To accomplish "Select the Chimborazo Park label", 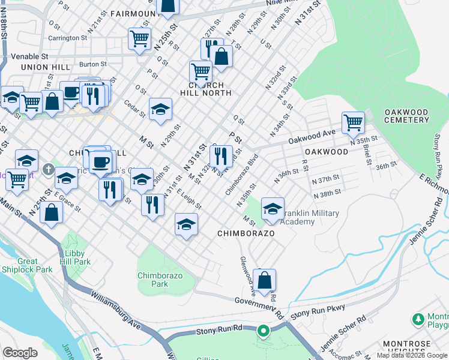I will tap(160, 280).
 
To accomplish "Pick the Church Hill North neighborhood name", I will tap(206, 89).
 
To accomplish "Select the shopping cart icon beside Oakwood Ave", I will tap(354, 122).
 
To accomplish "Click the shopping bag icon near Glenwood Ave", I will tap(264, 280).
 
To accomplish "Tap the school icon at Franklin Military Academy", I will tap(273, 208).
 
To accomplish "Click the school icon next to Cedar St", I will tap(160, 109).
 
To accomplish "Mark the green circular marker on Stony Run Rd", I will tap(262, 331).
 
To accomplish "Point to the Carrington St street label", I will tap(68, 38).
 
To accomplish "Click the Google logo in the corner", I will tap(20, 352).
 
